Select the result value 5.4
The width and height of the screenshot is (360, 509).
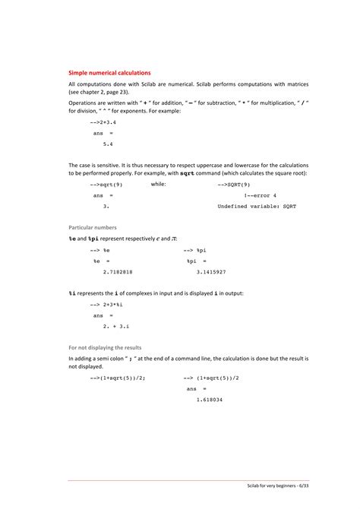[x=108, y=142]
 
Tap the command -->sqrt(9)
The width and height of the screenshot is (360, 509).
[x=106, y=184]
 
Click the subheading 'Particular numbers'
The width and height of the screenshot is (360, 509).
[x=93, y=227]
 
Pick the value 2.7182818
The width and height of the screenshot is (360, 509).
[x=117, y=270]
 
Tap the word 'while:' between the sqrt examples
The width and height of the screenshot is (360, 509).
[x=159, y=184]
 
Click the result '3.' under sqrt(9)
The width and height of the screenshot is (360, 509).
[x=106, y=205]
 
